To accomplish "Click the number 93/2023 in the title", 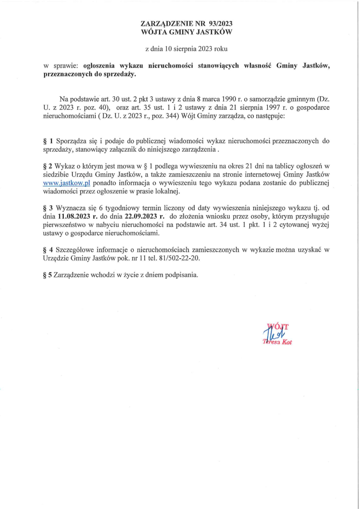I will click(x=220, y=23).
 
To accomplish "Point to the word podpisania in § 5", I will click(x=182, y=275).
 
